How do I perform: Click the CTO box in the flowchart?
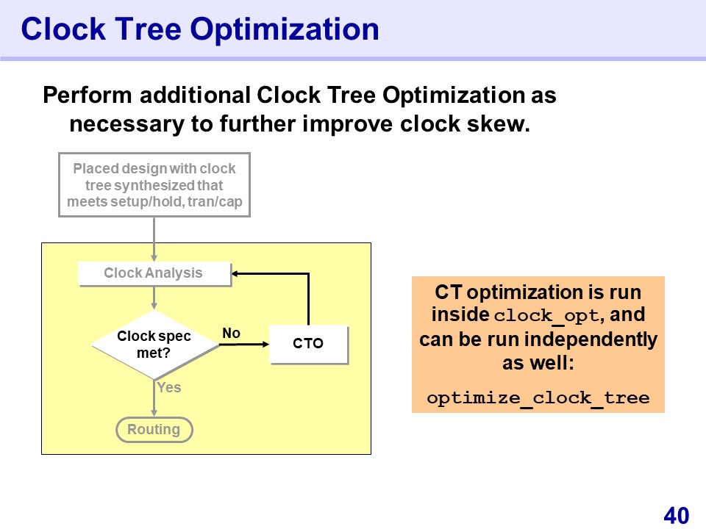308,344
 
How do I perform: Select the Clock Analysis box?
154,273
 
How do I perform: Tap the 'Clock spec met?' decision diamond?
154,345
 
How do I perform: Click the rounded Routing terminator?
154,430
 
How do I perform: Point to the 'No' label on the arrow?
232,334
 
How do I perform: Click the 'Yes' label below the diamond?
169,387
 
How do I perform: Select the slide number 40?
677,515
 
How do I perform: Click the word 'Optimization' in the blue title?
285,29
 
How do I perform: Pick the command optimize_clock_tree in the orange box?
538,398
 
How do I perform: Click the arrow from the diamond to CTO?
244,345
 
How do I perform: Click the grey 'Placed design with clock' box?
154,185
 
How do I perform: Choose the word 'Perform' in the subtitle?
88,96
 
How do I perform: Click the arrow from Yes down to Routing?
154,398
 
